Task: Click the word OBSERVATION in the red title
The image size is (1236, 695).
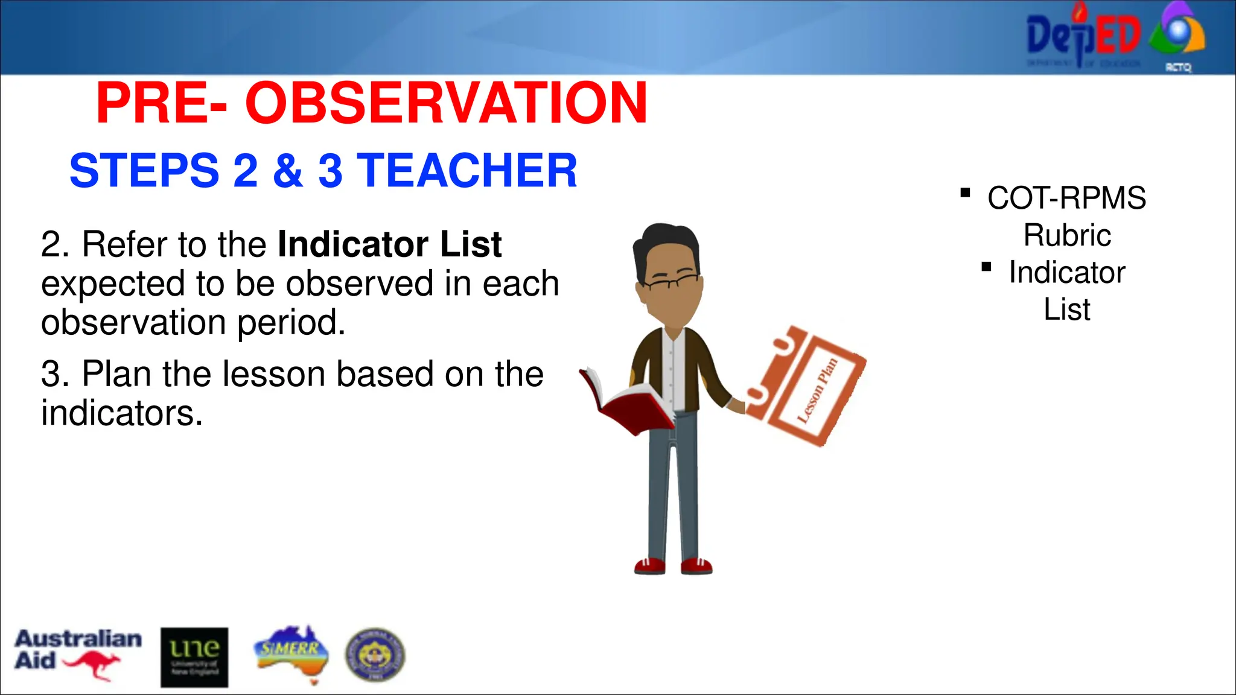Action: (447, 103)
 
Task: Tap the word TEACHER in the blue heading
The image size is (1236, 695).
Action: (468, 171)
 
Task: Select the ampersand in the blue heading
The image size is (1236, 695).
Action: (288, 171)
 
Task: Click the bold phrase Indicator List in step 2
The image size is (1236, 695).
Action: (389, 244)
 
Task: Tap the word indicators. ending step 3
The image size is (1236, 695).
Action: (121, 414)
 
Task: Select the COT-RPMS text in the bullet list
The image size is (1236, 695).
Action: (1066, 198)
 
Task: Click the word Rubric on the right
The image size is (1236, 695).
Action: (1067, 235)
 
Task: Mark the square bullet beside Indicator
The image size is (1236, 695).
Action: (986, 267)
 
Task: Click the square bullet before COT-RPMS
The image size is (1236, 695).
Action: (965, 193)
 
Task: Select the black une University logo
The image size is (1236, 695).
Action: (194, 657)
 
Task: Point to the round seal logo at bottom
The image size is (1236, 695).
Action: (375, 655)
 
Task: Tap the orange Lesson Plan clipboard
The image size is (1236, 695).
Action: (806, 386)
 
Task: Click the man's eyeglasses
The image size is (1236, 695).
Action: (670, 281)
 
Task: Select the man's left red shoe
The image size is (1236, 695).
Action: (649, 566)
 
